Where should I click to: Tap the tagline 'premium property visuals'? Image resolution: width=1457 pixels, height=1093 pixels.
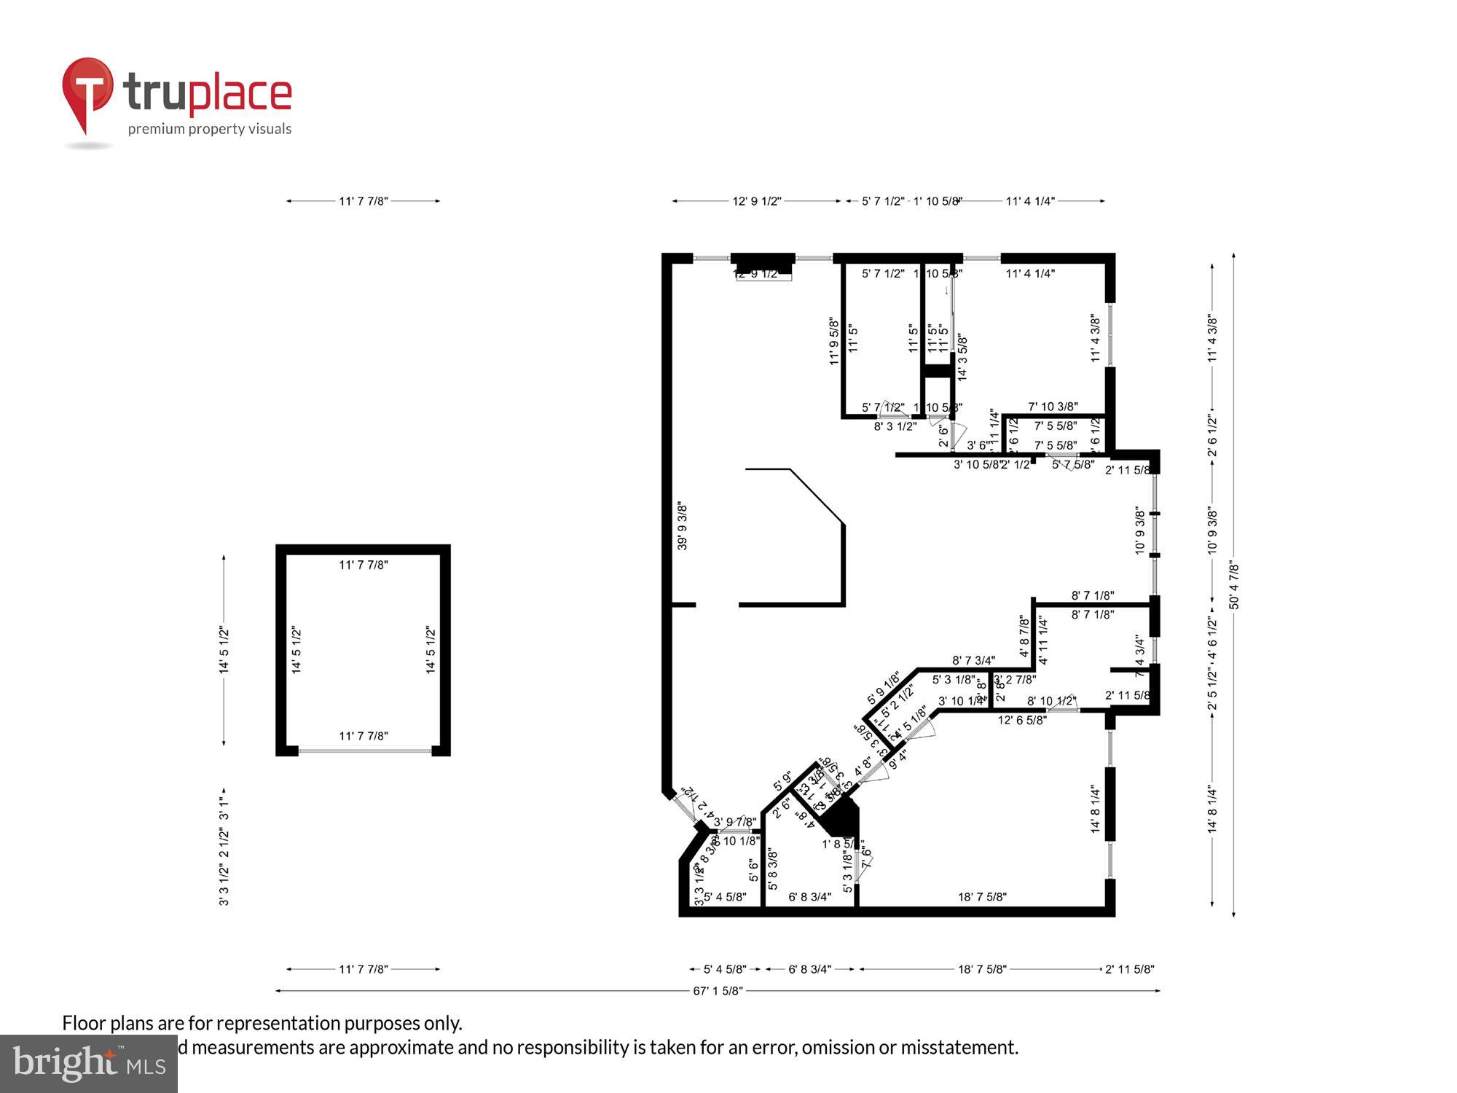[x=210, y=129]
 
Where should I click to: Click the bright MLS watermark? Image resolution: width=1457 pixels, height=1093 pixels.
[x=89, y=1064]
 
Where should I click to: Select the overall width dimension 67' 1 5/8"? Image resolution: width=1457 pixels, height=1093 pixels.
[x=718, y=990]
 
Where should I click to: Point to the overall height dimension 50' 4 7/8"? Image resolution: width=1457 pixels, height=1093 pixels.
[x=1233, y=584]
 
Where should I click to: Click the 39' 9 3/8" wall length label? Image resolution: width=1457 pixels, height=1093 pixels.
[x=683, y=525]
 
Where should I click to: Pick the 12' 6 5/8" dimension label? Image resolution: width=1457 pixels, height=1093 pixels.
[x=1022, y=720]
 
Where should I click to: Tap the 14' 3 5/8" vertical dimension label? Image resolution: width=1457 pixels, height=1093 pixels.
[x=962, y=357]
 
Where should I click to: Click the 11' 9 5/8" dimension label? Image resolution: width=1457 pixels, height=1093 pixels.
[x=834, y=341]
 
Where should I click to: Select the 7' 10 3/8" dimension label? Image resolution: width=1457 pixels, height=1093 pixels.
[x=1053, y=407]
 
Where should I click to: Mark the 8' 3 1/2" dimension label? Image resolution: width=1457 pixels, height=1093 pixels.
[x=895, y=426]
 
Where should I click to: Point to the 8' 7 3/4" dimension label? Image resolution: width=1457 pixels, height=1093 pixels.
[x=973, y=660]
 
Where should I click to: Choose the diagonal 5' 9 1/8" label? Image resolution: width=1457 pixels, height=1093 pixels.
[x=883, y=688]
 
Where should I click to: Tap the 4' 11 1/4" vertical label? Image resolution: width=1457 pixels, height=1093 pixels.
[x=1042, y=640]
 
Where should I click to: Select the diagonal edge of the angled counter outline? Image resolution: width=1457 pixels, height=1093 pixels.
[x=817, y=496]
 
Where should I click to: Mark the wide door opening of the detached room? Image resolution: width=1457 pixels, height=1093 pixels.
[x=364, y=751]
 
